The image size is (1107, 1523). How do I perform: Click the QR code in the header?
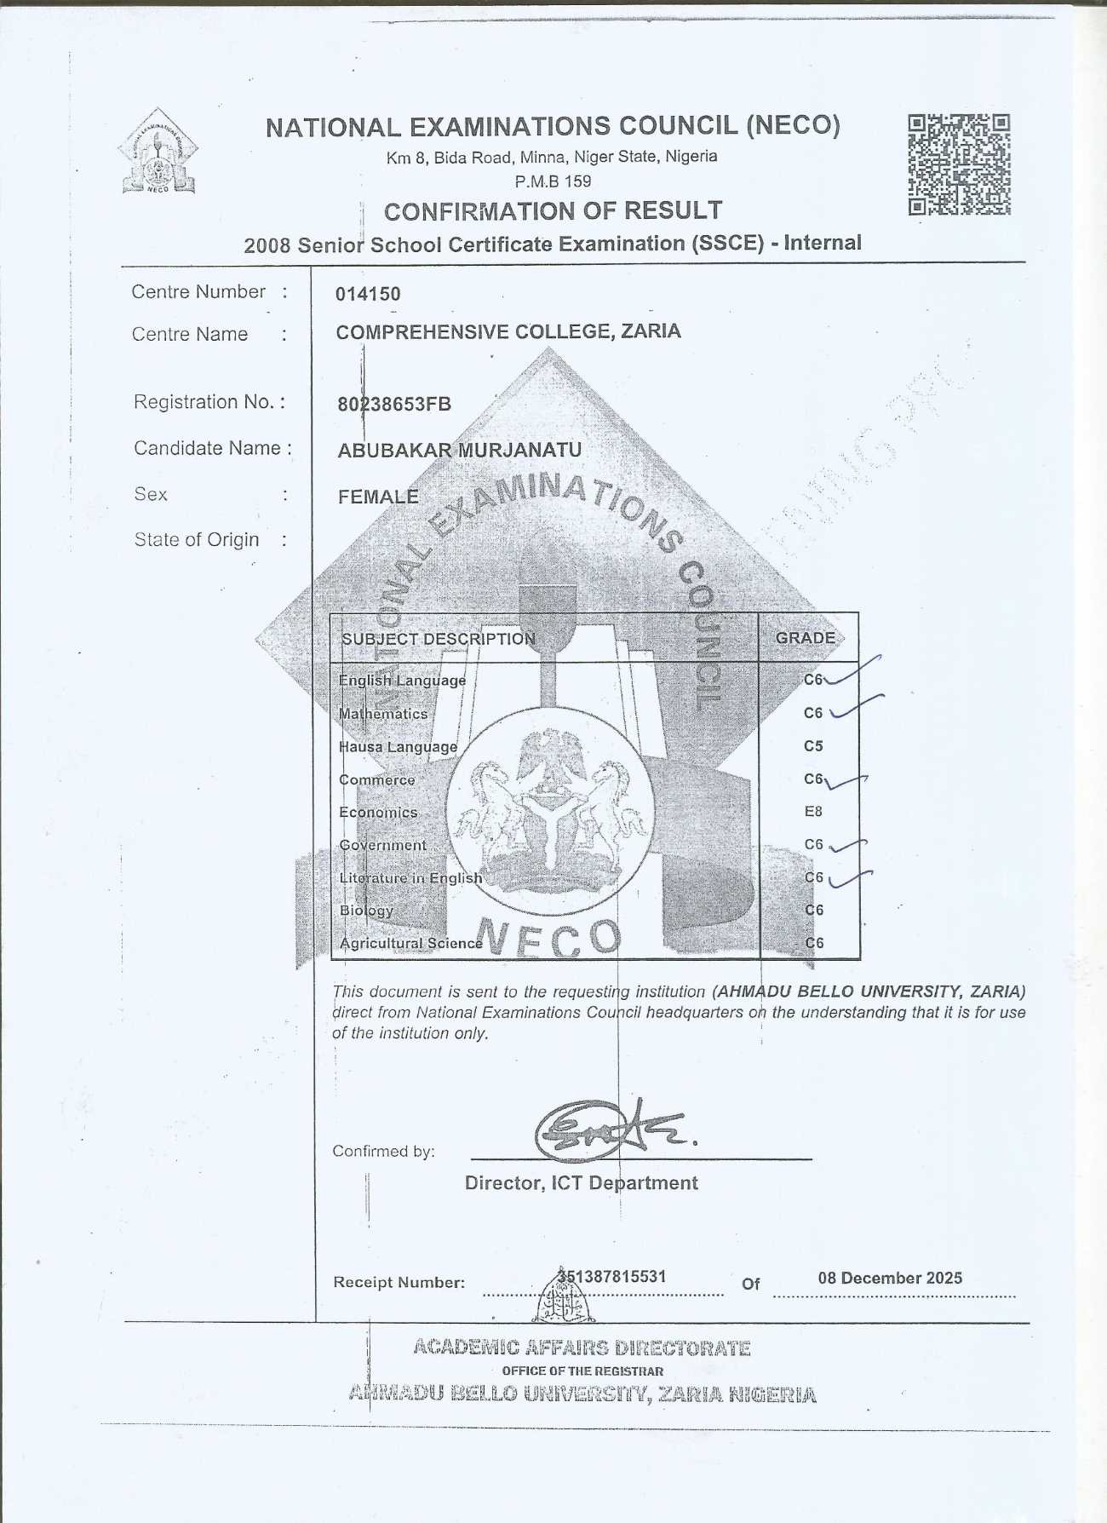(959, 164)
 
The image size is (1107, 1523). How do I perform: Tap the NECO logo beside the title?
(158, 151)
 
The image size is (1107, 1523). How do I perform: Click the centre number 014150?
(368, 294)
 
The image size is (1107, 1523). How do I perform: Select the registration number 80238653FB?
(394, 404)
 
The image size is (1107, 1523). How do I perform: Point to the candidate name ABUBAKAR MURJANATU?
(460, 450)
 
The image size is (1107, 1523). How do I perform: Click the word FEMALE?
(378, 497)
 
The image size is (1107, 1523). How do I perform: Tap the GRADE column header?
(805, 638)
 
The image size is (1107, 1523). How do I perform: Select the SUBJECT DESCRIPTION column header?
(439, 639)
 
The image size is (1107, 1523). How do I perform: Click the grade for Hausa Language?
(813, 746)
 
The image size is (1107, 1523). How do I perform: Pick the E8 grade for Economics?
(813, 812)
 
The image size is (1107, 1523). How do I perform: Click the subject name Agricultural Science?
(410, 943)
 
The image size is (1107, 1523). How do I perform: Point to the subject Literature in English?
(410, 877)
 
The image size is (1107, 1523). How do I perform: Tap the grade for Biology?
(814, 910)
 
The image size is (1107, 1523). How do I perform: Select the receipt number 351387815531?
(612, 1276)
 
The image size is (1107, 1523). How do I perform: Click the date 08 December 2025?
(890, 1278)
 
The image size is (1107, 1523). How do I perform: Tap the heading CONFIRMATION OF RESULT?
(553, 210)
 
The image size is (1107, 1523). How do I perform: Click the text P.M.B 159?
(553, 181)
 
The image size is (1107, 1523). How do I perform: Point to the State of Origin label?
(197, 540)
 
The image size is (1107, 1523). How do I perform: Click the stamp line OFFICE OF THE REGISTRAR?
(582, 1371)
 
